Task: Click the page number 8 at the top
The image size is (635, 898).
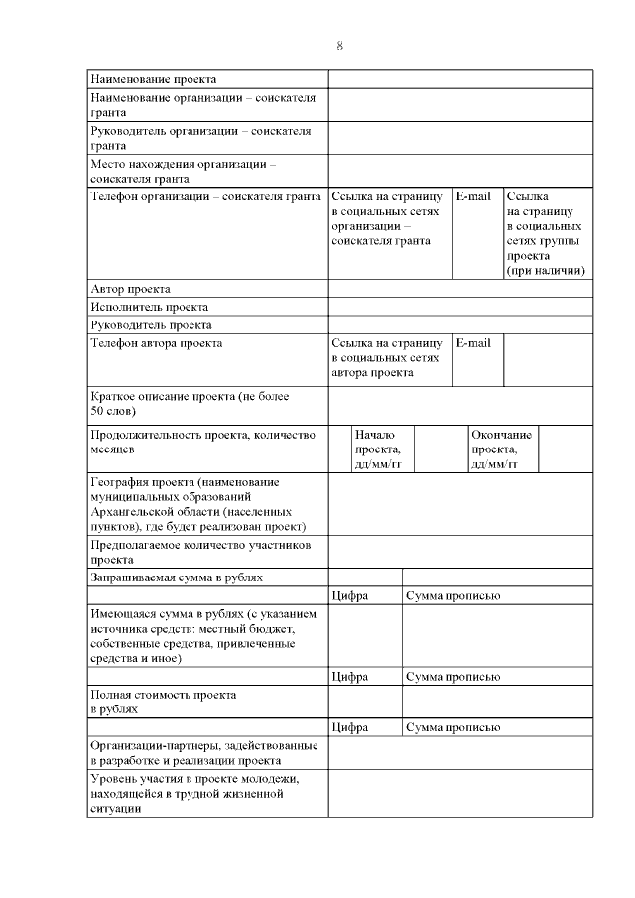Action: [x=339, y=46]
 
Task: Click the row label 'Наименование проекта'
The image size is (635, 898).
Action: [x=154, y=79]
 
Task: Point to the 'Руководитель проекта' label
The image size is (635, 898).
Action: [x=151, y=324]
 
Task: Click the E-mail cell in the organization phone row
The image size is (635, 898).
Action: [x=473, y=196]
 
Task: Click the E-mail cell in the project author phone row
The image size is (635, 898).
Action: [x=473, y=343]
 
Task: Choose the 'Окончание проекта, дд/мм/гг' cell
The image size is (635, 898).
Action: [x=501, y=449]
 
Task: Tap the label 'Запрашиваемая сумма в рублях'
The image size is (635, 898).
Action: [x=177, y=577]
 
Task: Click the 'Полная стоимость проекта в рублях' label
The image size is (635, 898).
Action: [x=164, y=702]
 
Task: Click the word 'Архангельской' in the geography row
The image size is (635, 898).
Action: [x=134, y=510]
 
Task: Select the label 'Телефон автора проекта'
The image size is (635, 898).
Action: [x=157, y=343]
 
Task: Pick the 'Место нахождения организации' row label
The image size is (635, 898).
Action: [x=184, y=171]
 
